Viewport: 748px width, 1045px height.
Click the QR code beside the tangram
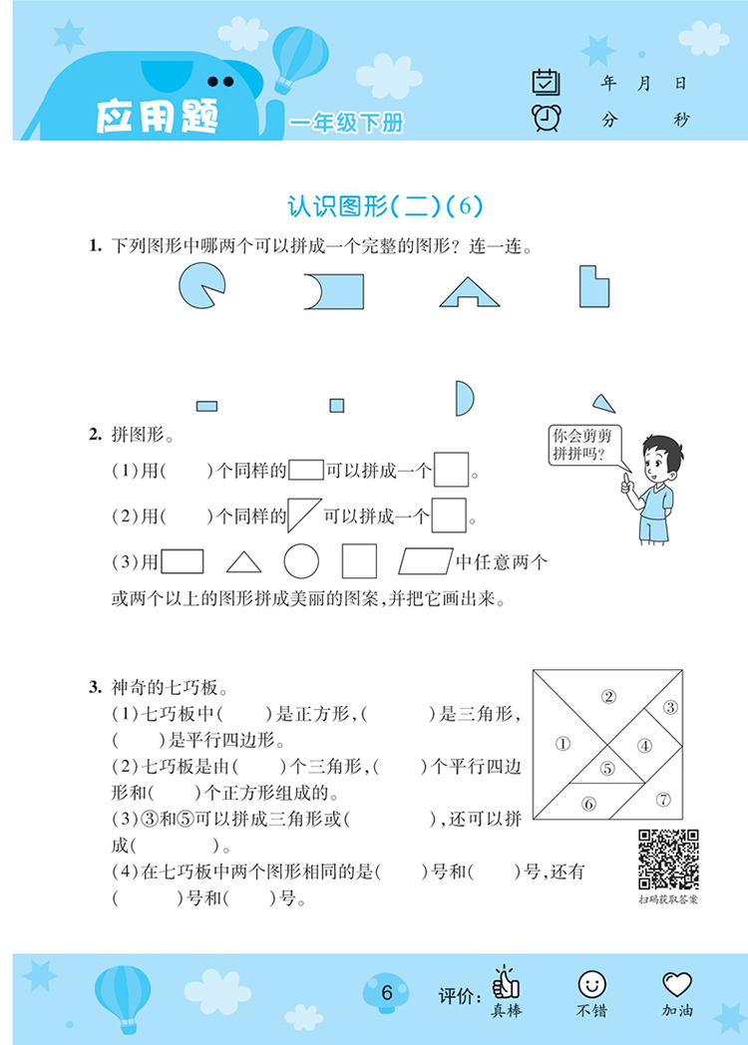tap(668, 860)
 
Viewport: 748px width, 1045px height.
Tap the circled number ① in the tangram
tap(561, 742)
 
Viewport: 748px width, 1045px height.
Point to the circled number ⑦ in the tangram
tap(663, 799)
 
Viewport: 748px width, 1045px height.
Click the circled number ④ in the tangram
tap(644, 744)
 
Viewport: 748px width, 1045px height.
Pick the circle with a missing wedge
tap(202, 286)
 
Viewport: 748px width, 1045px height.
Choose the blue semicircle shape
tap(464, 397)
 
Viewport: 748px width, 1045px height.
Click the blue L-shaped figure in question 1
tap(594, 286)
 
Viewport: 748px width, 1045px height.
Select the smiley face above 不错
tap(591, 984)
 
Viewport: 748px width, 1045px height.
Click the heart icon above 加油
tap(677, 984)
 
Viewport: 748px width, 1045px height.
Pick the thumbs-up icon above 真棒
tap(506, 982)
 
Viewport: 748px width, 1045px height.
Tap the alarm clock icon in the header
tap(547, 118)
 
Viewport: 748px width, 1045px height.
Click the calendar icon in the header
tap(547, 82)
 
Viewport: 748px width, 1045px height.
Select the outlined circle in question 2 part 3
tap(301, 561)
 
